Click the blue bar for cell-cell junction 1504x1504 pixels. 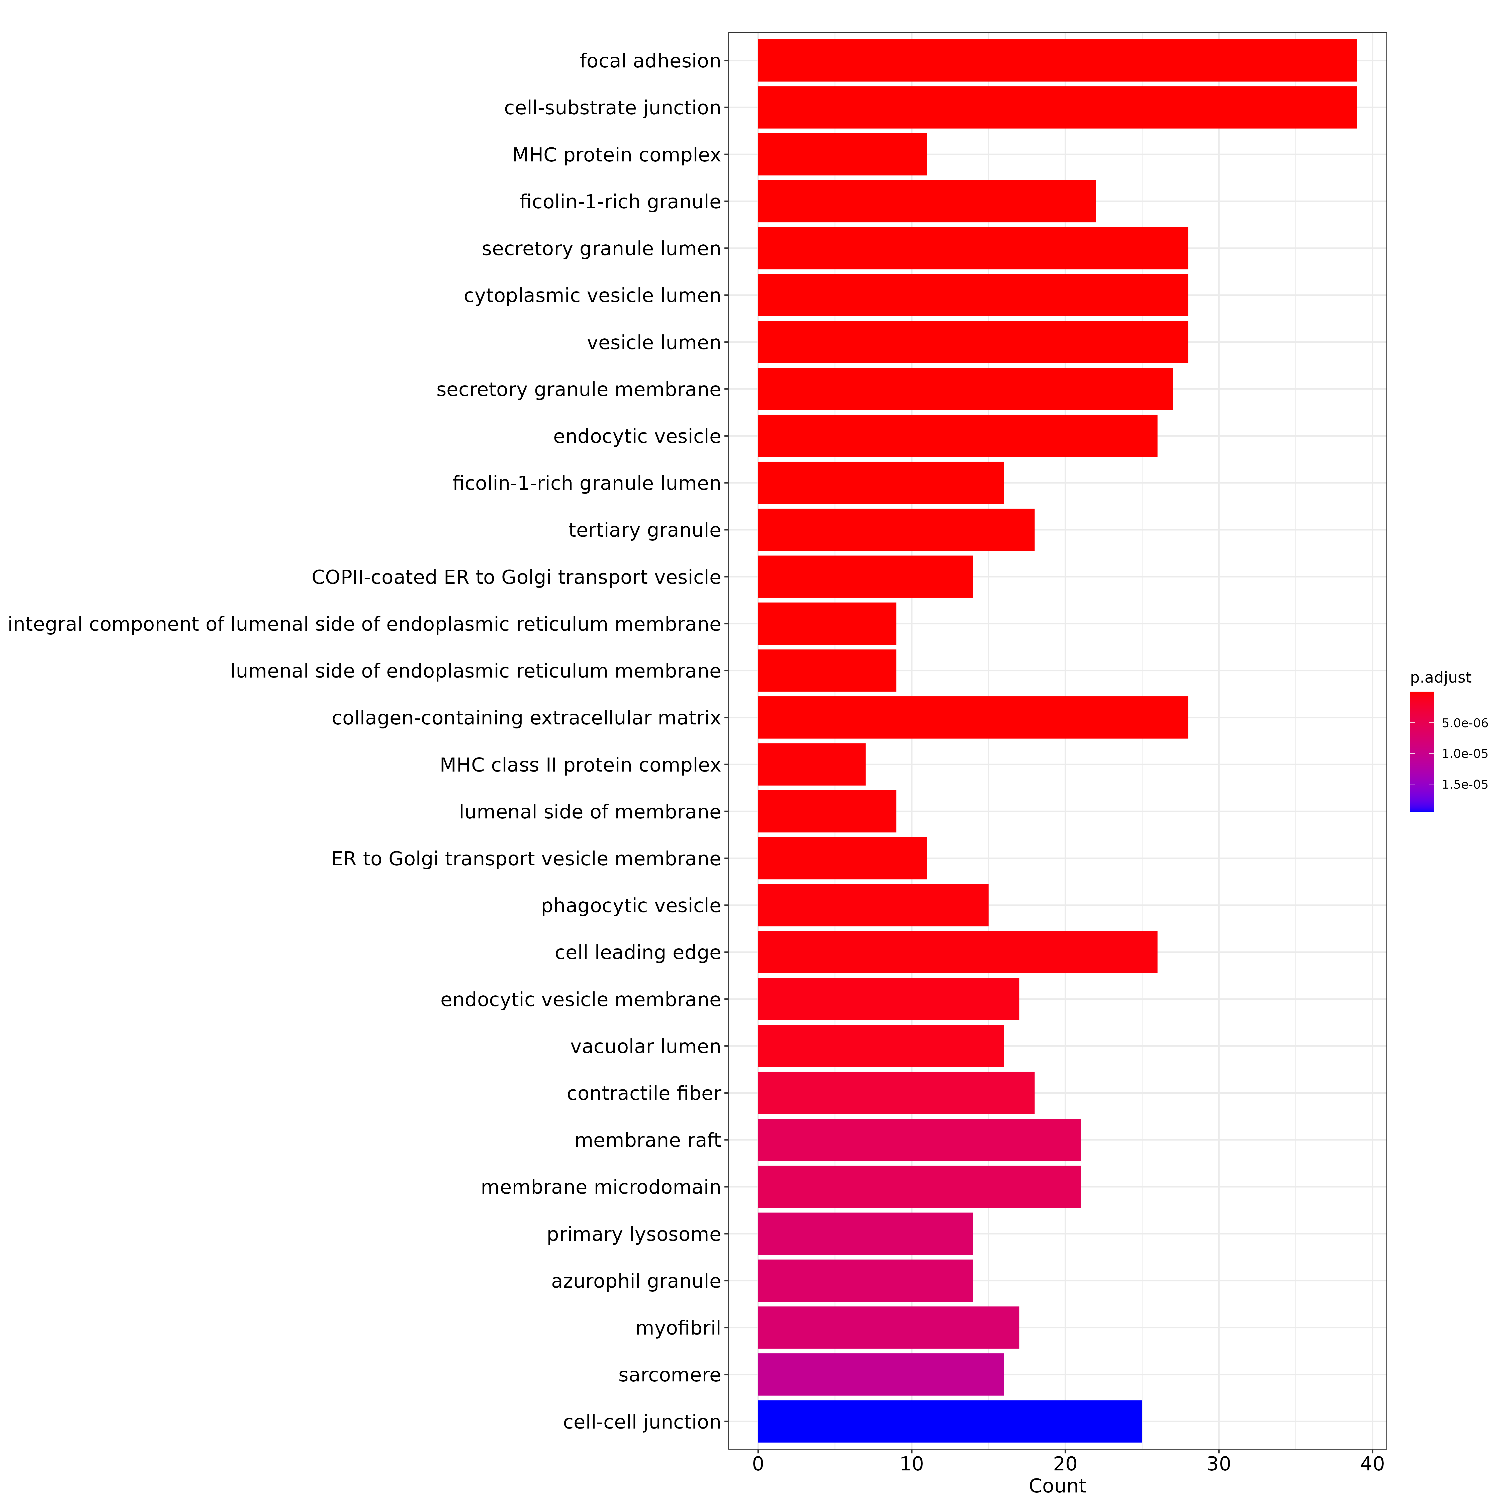[x=950, y=1422]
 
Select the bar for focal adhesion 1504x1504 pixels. [x=1057, y=61]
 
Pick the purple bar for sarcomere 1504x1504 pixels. [x=880, y=1375]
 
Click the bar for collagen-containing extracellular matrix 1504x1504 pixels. [x=973, y=718]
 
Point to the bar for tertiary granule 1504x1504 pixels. [x=896, y=530]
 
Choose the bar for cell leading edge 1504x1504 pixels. [x=958, y=952]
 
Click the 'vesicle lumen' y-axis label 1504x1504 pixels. [x=654, y=342]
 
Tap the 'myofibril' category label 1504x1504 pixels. [x=678, y=1328]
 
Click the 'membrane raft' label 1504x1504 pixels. [x=648, y=1141]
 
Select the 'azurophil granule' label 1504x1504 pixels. [x=636, y=1281]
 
